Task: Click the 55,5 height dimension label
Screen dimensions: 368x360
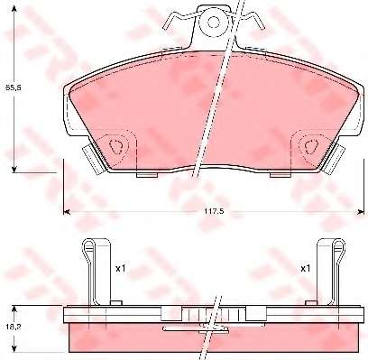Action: click(14, 88)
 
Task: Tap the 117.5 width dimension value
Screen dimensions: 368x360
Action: click(214, 211)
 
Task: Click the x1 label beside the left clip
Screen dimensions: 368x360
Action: click(120, 269)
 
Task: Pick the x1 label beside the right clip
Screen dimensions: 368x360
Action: click(306, 269)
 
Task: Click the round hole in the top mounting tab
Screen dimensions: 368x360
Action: click(214, 22)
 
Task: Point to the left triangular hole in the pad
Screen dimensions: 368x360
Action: click(116, 147)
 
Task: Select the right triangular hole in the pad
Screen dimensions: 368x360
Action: click(311, 147)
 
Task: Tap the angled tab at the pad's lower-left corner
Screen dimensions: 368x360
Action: click(92, 159)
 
